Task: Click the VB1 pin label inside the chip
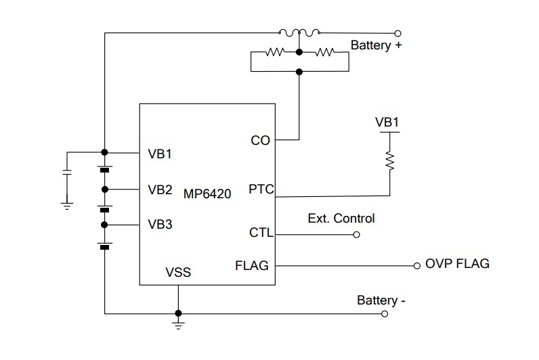click(160, 154)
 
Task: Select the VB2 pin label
click(160, 189)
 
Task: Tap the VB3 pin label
click(160, 225)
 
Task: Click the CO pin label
click(260, 140)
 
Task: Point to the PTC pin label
click(261, 189)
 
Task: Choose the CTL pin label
click(261, 233)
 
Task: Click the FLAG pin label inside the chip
click(252, 266)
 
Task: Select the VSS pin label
click(178, 273)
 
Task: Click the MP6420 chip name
click(207, 194)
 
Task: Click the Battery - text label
click(381, 300)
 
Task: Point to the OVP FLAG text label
click(457, 263)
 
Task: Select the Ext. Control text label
click(341, 219)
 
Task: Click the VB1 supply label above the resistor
click(388, 122)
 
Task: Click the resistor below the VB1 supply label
click(389, 160)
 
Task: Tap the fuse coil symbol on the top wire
click(299, 32)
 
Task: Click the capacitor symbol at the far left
click(66, 172)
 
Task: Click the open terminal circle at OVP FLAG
click(417, 266)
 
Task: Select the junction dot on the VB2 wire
click(104, 189)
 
